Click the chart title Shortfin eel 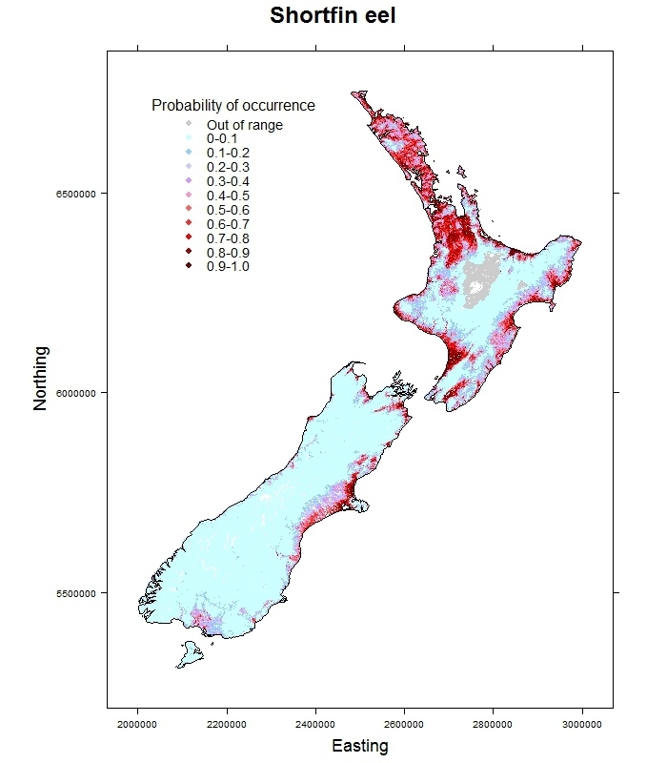point(332,16)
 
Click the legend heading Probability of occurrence point(233,105)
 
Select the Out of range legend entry point(244,124)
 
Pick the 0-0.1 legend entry point(222,138)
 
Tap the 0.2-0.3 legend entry point(228,167)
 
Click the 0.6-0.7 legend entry point(228,224)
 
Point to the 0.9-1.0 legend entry point(228,267)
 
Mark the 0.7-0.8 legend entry point(228,238)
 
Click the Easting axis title point(359,746)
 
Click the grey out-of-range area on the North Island point(486,277)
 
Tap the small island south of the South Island point(189,654)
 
